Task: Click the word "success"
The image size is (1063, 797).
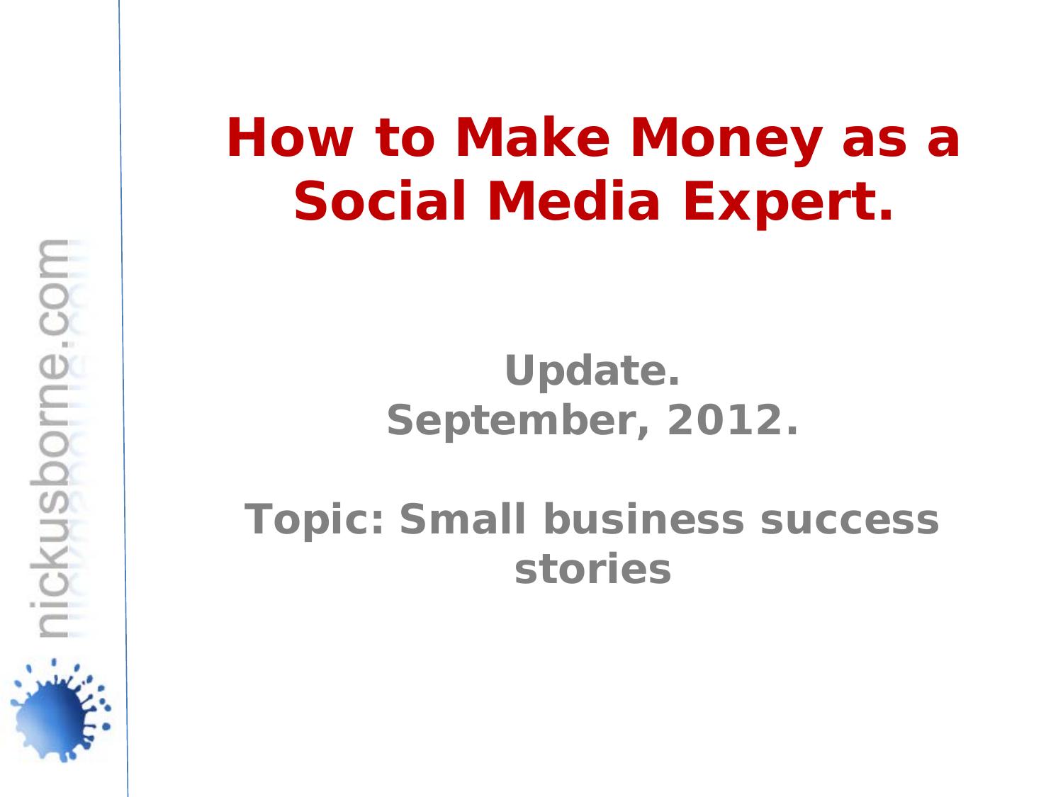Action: (849, 521)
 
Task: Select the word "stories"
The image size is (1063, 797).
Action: (592, 570)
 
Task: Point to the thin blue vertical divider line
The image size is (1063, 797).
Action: (123, 397)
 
